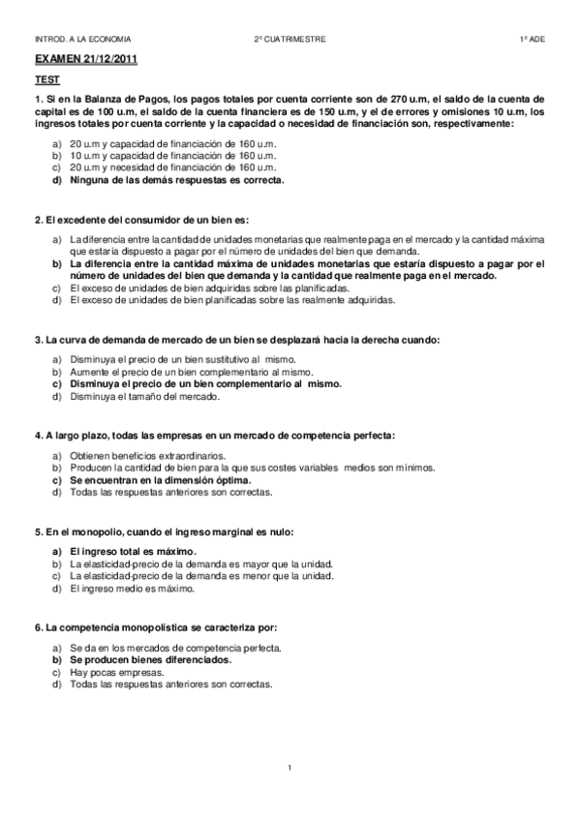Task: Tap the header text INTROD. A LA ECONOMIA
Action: coord(82,39)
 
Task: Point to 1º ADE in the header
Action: coord(532,39)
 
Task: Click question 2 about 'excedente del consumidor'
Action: coord(141,220)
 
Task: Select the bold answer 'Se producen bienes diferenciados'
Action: coord(150,659)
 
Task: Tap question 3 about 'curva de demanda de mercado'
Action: coord(236,340)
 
